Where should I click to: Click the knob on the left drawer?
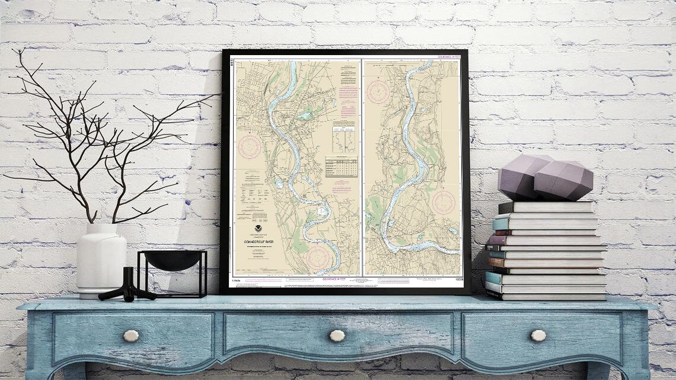[x=131, y=336]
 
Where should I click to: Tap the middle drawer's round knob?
[x=337, y=336]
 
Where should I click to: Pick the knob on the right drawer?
[x=538, y=336]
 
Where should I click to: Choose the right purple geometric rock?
[x=563, y=180]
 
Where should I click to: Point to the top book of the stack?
[x=546, y=207]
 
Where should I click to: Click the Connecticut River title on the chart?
[x=259, y=242]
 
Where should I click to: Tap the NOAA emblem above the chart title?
[x=259, y=228]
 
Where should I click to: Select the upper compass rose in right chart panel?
[x=378, y=92]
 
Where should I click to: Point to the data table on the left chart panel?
[x=341, y=166]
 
